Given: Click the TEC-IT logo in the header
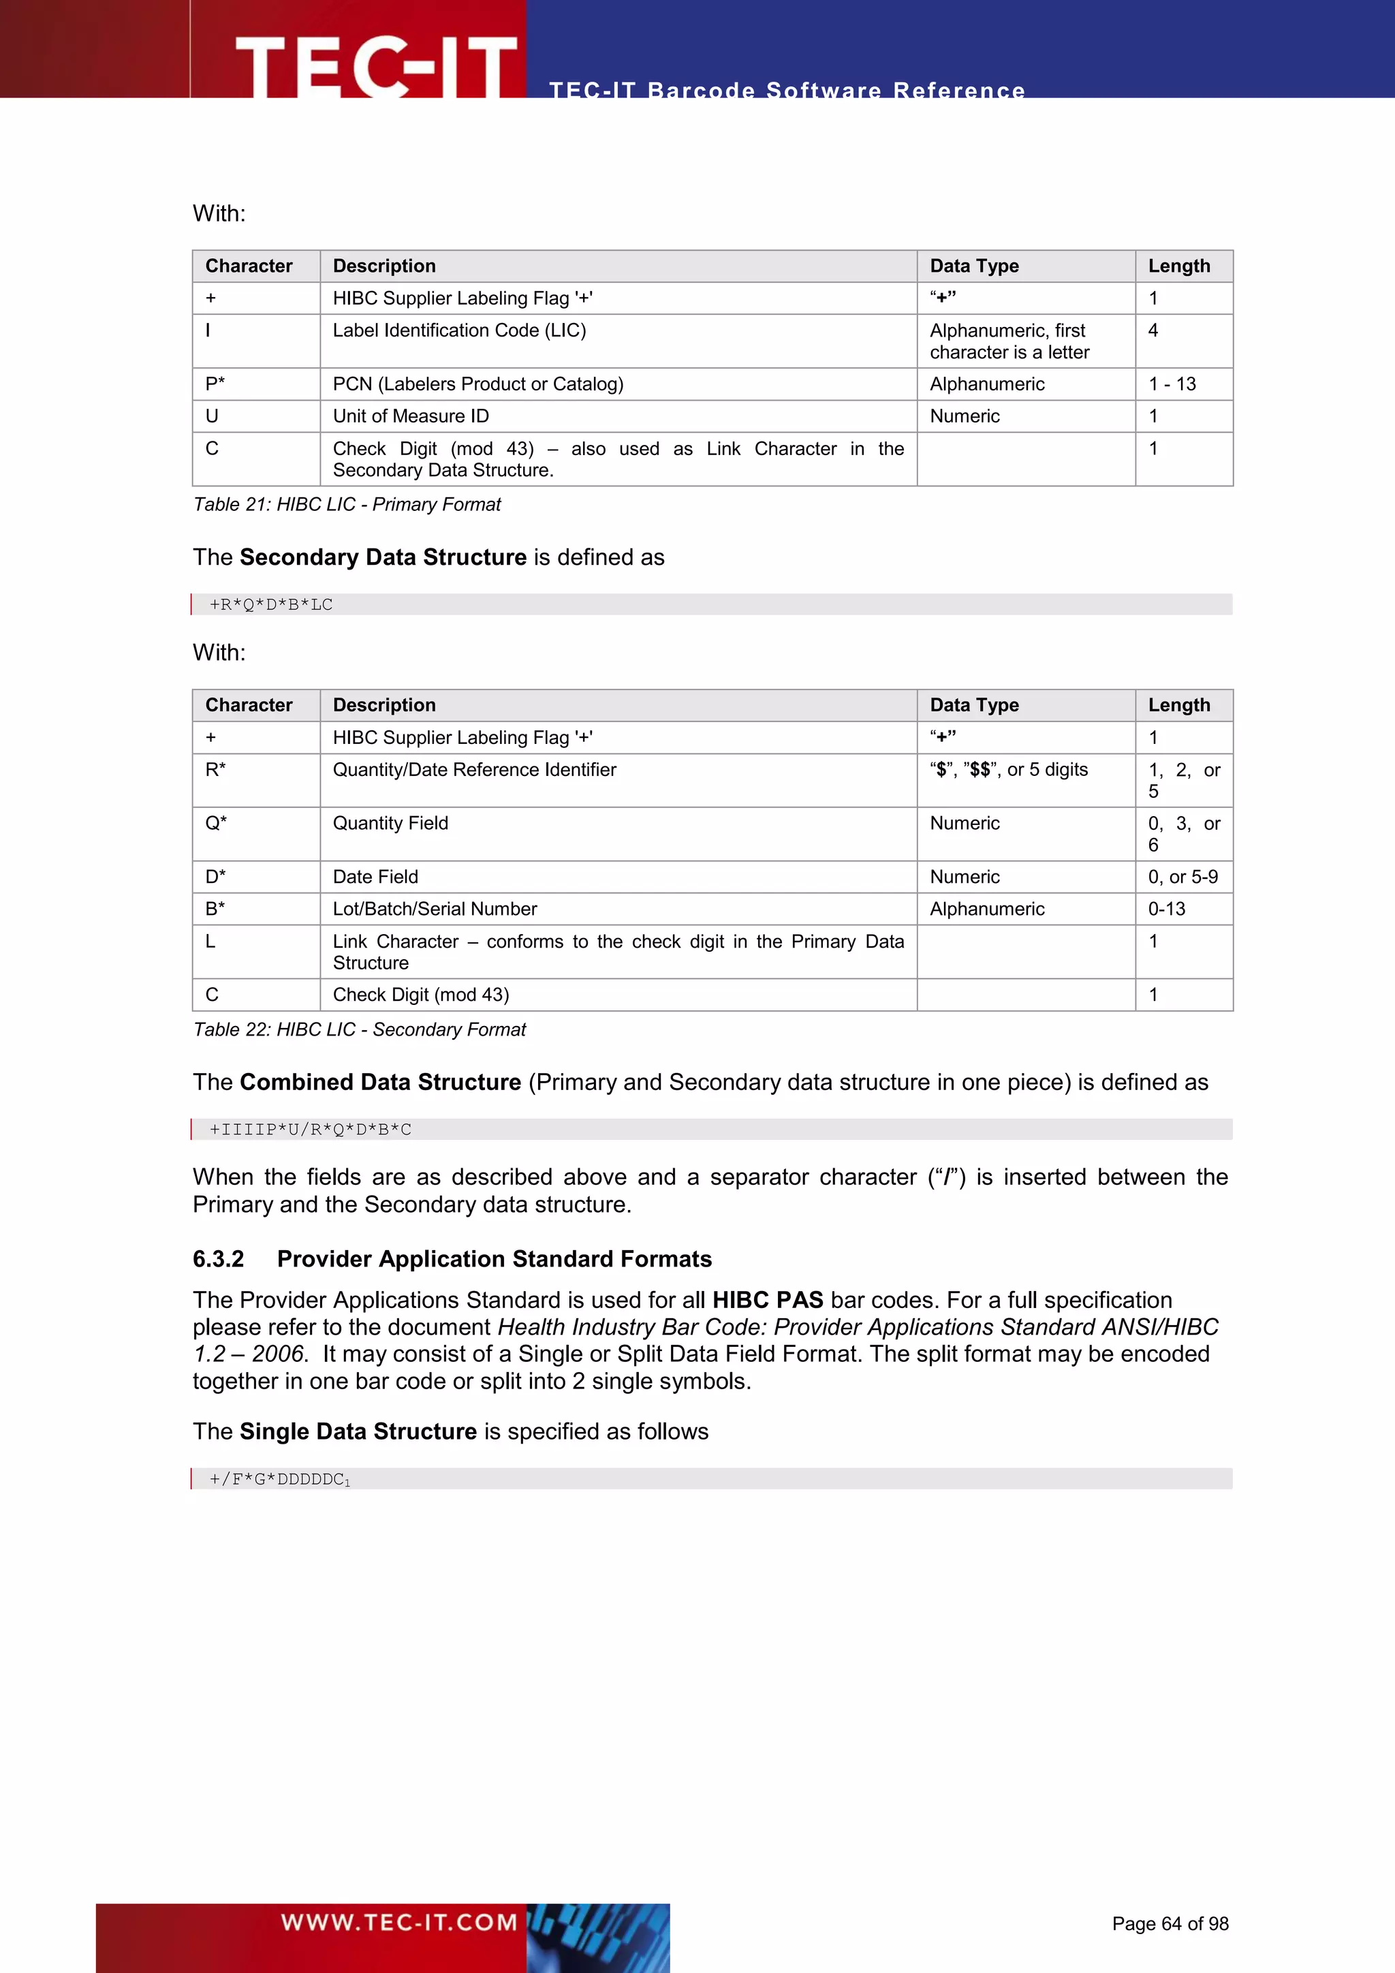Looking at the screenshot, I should click(x=375, y=65).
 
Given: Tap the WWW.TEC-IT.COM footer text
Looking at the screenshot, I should click(x=398, y=1923).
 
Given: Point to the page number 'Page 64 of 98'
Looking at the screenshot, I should click(x=1170, y=1923).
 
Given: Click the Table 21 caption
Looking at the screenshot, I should click(x=347, y=504).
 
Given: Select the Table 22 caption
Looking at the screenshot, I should click(x=359, y=1029).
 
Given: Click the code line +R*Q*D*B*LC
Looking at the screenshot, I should click(x=272, y=604).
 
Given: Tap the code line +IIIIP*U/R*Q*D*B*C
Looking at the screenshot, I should click(x=310, y=1129).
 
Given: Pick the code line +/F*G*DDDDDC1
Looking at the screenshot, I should click(x=279, y=1479).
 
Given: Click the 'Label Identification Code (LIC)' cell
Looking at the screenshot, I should click(x=460, y=331).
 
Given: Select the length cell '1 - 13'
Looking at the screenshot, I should click(x=1172, y=384).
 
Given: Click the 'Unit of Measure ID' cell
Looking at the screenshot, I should click(x=411, y=416).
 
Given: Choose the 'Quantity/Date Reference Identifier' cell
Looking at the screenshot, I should click(x=474, y=770).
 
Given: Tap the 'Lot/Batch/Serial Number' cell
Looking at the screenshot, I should click(x=435, y=909).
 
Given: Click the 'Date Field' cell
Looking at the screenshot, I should click(x=375, y=877).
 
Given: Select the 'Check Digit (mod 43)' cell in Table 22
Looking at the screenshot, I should click(x=421, y=995).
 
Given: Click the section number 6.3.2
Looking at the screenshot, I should click(x=218, y=1259).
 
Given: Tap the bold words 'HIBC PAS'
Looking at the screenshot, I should click(x=767, y=1300).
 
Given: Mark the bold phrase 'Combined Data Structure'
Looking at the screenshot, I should click(x=379, y=1082).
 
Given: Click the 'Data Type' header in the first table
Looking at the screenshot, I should click(x=974, y=266).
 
